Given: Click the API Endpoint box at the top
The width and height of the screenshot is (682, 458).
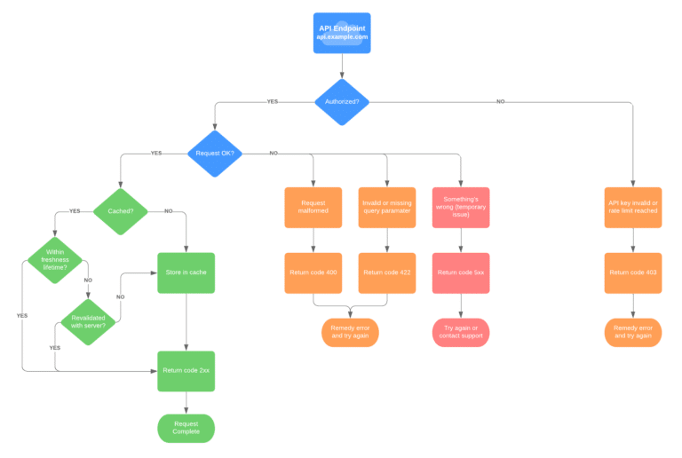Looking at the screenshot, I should tap(342, 33).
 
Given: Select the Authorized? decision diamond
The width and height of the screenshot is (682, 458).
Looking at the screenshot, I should tap(342, 101).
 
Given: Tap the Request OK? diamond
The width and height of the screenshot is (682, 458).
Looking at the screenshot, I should tap(214, 154).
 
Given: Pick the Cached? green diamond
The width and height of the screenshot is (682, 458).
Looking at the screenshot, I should tap(120, 210).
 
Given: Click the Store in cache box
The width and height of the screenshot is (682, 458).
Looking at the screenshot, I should tap(186, 272).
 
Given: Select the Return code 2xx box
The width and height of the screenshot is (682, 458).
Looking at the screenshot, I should tap(186, 371).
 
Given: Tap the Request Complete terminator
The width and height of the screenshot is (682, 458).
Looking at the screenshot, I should tap(186, 428).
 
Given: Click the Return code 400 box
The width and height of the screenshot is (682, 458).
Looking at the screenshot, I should tap(313, 272).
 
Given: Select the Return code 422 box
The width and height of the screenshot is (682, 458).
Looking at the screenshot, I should tap(387, 272).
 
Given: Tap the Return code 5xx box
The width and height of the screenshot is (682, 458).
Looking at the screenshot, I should tap(461, 272).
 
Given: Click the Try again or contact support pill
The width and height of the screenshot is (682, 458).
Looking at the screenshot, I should tap(461, 332).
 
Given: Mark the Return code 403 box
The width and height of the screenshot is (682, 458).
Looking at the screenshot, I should tap(632, 272).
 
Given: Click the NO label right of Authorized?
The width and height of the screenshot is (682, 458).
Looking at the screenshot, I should tap(501, 102).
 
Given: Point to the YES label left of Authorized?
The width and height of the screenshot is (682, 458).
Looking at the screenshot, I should tap(272, 102).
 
